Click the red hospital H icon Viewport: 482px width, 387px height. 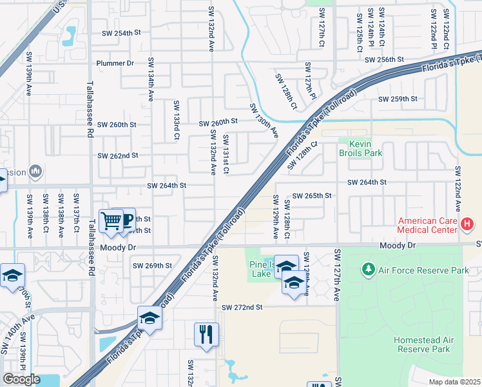(467, 224)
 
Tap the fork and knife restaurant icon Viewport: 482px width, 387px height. (206, 334)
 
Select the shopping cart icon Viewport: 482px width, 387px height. (111, 221)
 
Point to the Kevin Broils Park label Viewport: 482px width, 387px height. (361, 148)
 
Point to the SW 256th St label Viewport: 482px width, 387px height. (384, 59)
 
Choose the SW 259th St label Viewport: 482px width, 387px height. (398, 99)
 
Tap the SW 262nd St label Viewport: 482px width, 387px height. (118, 155)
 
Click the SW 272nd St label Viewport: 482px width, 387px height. (242, 308)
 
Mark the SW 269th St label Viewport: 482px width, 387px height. (152, 265)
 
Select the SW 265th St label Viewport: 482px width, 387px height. (312, 195)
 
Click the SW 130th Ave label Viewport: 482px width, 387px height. (263, 121)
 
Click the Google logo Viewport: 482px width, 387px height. (21, 379)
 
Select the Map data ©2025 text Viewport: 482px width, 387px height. (454, 382)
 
